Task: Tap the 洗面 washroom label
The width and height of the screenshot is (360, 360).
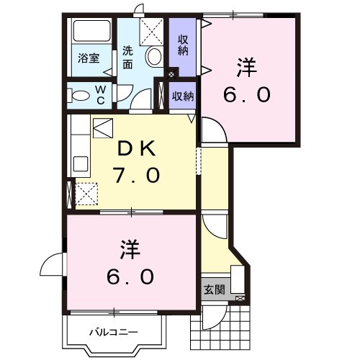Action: point(127,57)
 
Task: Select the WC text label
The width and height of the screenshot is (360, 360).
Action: point(100,94)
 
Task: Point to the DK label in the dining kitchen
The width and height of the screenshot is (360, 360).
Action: point(136,148)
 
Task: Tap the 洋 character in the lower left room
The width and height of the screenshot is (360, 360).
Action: point(130,249)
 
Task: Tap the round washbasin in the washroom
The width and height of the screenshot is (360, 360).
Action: point(153,55)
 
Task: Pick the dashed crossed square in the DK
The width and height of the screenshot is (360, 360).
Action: point(88,194)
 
